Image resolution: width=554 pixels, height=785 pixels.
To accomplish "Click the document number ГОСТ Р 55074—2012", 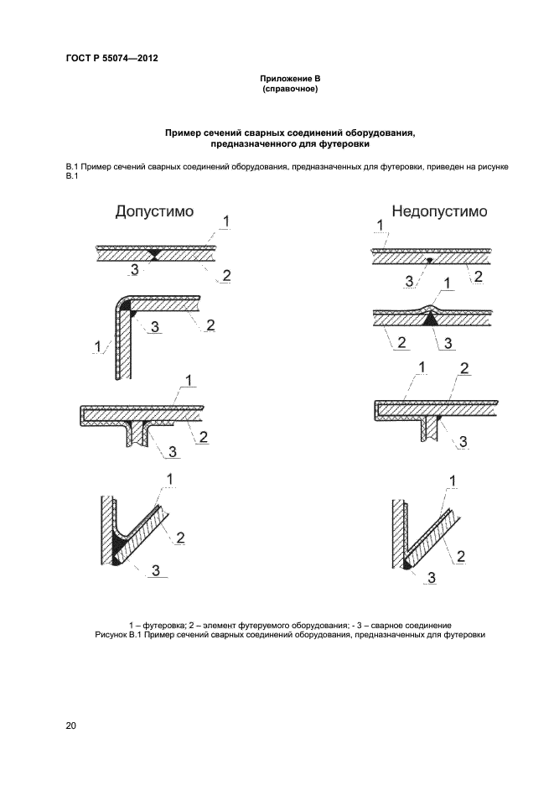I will pyautogui.click(x=111, y=59).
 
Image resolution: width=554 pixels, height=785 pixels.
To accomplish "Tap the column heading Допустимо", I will pyautogui.click(x=154, y=211).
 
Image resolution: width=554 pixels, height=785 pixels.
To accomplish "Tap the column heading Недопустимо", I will pyautogui.click(x=439, y=211).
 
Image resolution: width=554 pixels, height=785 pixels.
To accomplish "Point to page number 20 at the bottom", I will pyautogui.click(x=71, y=725).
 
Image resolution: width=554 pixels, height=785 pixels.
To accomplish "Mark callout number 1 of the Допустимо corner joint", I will pyautogui.click(x=99, y=345).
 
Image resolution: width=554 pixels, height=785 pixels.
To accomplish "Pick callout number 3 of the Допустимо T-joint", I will pyautogui.click(x=173, y=452).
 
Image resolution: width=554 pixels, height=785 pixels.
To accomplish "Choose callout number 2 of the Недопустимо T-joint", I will pyautogui.click(x=463, y=369).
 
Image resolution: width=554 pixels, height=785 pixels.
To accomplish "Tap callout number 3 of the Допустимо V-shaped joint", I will pyautogui.click(x=155, y=571).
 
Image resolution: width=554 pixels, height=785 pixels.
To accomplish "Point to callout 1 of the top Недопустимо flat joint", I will pyautogui.click(x=380, y=225).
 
